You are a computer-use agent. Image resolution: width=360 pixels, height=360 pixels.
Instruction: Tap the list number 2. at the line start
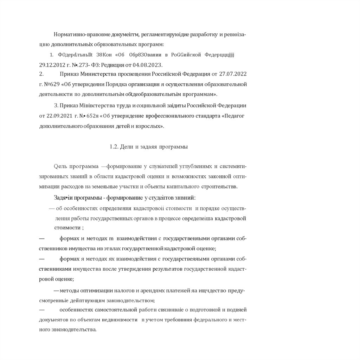(x=41, y=74)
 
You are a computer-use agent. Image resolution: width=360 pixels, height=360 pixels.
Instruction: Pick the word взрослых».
(x=151, y=126)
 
